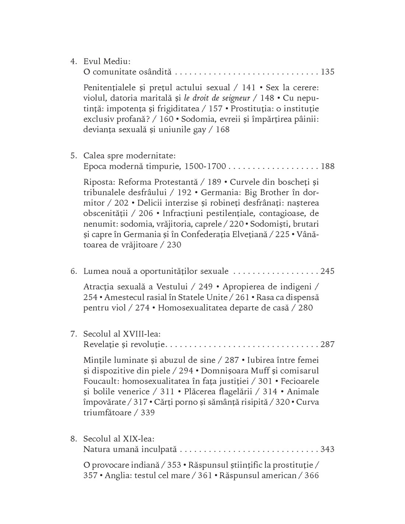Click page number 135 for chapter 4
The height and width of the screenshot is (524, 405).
tap(327, 72)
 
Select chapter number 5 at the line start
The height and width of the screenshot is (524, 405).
tap(73, 156)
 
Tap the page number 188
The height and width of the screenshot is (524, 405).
tap(327, 166)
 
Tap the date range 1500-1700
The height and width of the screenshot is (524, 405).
tap(205, 166)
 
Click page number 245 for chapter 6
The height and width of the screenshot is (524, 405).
tap(327, 271)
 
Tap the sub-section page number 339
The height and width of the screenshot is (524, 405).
tap(148, 412)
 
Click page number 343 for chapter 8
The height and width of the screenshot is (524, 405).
tap(327, 449)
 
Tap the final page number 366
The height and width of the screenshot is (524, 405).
tap(311, 475)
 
